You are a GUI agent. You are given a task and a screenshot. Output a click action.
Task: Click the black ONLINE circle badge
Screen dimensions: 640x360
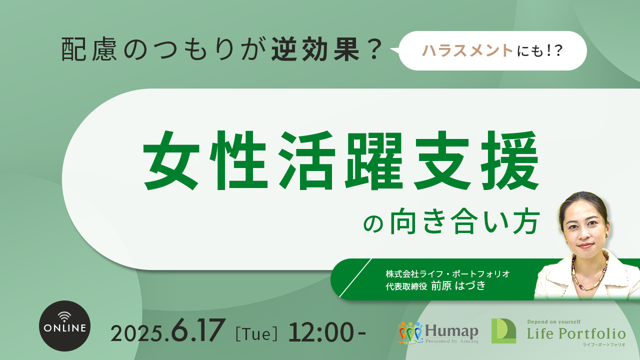pos(64,326)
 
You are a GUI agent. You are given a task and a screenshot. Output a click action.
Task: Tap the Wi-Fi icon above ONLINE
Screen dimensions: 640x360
pos(64,316)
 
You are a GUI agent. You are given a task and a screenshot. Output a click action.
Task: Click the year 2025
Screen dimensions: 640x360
pos(137,333)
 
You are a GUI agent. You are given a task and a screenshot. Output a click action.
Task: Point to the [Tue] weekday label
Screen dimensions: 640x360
pos(256,333)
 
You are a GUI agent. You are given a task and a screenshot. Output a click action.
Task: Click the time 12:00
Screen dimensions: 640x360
pos(321,332)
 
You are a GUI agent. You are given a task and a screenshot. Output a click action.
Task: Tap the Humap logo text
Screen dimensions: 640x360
pos(451,331)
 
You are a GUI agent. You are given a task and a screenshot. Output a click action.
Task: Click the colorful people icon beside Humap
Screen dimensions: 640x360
pos(410,332)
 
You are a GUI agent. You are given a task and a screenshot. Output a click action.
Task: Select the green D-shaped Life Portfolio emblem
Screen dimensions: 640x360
pos(503,331)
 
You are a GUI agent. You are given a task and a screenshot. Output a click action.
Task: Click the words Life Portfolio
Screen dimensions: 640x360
pos(576,333)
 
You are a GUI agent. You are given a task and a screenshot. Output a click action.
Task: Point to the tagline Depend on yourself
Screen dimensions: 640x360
pos(553,322)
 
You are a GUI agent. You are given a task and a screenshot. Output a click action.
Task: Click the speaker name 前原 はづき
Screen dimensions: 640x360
pos(458,285)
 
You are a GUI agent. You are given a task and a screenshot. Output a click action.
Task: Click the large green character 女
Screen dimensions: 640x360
pos(171,160)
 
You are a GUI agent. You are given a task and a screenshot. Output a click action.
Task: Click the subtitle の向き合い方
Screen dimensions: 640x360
pos(451,221)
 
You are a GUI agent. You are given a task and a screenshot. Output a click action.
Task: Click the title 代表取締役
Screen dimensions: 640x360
pos(406,286)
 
